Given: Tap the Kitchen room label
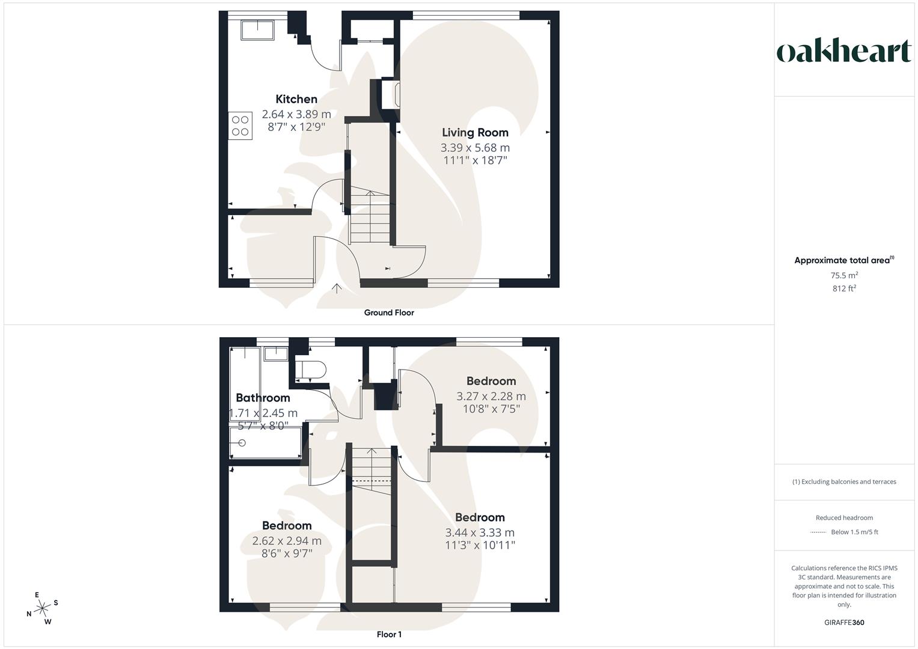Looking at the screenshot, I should (x=296, y=99).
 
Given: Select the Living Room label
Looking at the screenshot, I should (x=475, y=132).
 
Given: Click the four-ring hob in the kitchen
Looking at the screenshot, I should (x=240, y=126).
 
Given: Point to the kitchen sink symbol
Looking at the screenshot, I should (x=257, y=29).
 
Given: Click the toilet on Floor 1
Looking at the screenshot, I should (x=310, y=368).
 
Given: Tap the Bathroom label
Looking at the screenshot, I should (x=263, y=397).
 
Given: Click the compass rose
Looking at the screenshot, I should (x=42, y=608).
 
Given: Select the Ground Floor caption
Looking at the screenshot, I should (x=389, y=312).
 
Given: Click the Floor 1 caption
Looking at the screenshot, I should (x=389, y=634).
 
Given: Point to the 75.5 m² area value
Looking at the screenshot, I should (x=844, y=275).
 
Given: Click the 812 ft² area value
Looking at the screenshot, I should (x=844, y=288).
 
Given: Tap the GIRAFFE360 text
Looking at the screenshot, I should (x=844, y=623).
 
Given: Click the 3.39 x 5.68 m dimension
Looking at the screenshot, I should (x=475, y=147).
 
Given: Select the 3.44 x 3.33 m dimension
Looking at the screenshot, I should (x=480, y=532).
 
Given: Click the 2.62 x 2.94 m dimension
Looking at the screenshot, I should (x=287, y=541).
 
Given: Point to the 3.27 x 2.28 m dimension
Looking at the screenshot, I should (x=491, y=396).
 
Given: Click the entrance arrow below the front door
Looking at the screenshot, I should (x=337, y=288).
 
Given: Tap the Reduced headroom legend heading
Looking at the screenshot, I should (x=844, y=517).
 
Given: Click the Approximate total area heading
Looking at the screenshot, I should (x=843, y=260).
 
